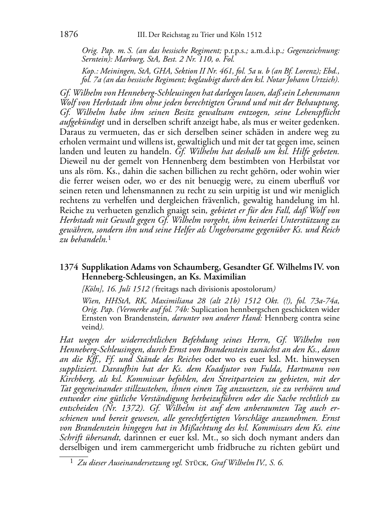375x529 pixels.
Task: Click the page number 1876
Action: coord(69,35)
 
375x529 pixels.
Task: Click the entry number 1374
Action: coord(69,267)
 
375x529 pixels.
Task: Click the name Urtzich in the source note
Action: coord(325,80)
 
